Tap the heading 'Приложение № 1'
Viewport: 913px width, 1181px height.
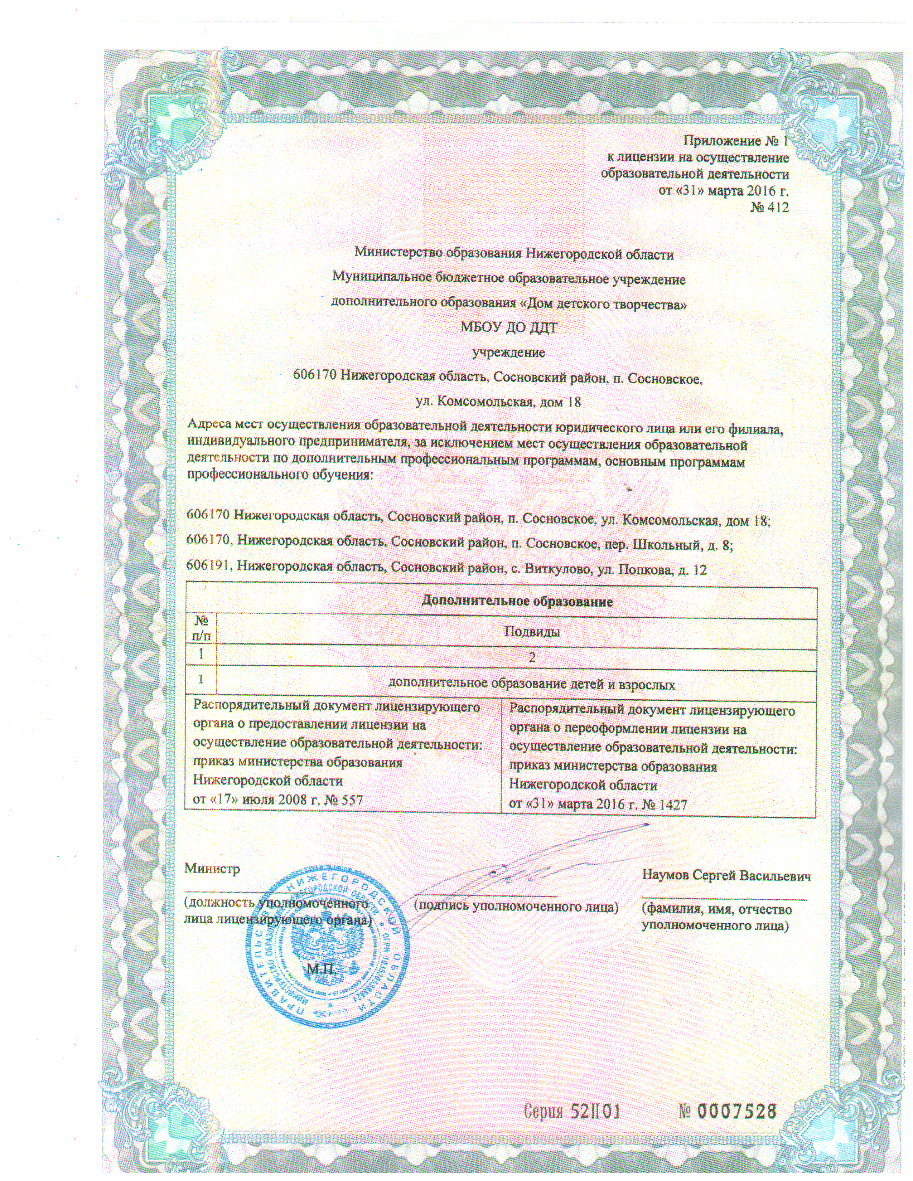click(736, 141)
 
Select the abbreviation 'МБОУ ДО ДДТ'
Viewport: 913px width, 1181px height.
click(508, 328)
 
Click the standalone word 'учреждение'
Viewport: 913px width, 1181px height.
click(508, 353)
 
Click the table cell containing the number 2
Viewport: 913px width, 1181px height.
click(532, 658)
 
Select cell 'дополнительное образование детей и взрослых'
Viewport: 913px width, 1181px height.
click(532, 685)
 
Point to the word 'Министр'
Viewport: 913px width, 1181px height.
click(212, 869)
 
